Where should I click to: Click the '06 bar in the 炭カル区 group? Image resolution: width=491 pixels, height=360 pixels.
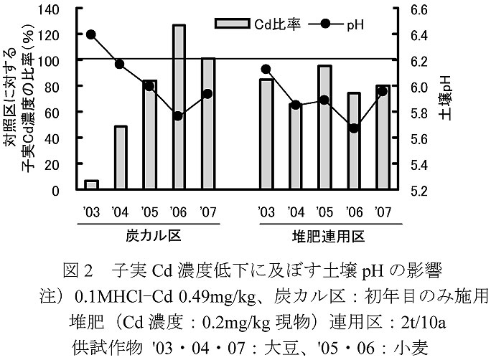click(x=179, y=108)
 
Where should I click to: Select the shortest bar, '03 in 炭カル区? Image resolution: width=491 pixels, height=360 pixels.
click(x=91, y=186)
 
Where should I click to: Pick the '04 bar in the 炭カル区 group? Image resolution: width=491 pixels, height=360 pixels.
click(x=121, y=158)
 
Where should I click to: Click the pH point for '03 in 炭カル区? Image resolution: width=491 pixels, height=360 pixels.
click(x=91, y=34)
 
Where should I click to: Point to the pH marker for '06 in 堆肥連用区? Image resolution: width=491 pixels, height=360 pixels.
click(x=354, y=128)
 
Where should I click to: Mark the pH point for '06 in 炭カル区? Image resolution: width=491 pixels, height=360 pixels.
click(x=179, y=116)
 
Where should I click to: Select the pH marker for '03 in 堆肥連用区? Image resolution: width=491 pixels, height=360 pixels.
click(x=266, y=70)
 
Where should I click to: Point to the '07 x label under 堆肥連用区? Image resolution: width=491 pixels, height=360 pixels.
click(x=382, y=212)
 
